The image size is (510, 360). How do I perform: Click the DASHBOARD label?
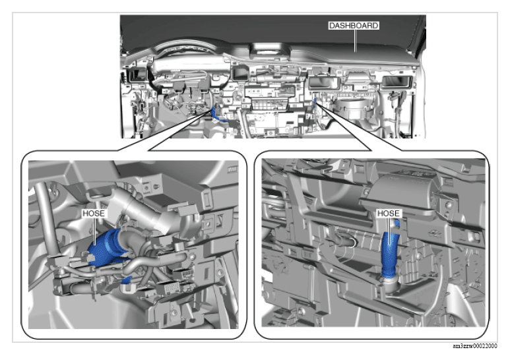(354, 26)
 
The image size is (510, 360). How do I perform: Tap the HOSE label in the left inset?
(94, 214)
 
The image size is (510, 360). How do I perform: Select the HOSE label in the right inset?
(389, 214)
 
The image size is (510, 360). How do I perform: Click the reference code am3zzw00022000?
(474, 346)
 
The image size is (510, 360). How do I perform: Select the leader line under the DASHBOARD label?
(355, 41)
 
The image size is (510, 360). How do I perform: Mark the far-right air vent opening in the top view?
(396, 82)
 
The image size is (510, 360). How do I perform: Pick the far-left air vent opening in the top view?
(136, 75)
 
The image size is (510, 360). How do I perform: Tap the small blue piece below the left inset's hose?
(126, 280)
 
